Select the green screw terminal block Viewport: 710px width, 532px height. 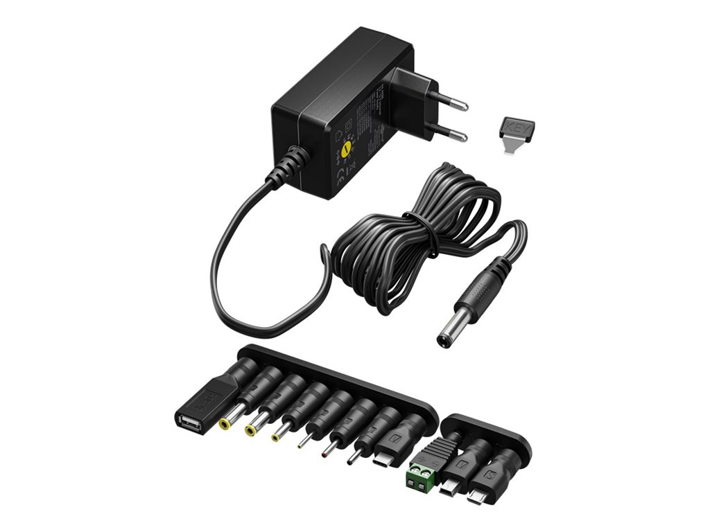pos(422,475)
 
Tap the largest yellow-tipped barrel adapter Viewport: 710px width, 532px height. pos(226,421)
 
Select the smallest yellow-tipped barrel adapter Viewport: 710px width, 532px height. pos(277,436)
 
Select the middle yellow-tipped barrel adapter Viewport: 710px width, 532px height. pos(251,429)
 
